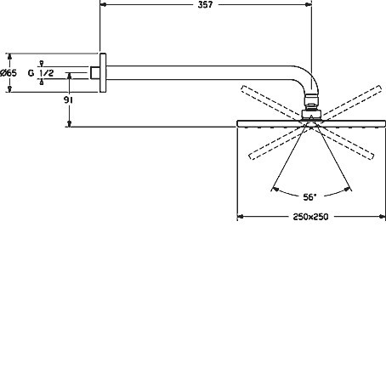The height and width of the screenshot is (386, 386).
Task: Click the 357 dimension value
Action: pyautogui.click(x=205, y=5)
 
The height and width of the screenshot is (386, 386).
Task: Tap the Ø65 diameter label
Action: pyautogui.click(x=9, y=73)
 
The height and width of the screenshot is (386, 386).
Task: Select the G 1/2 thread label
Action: pyautogui.click(x=41, y=73)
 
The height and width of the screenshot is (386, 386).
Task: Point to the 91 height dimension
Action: pyautogui.click(x=68, y=100)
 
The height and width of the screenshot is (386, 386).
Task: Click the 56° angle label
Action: pyautogui.click(x=309, y=197)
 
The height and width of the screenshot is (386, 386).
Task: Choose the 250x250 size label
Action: pyautogui.click(x=310, y=217)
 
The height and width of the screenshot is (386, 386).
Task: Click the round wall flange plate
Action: pyautogui.click(x=103, y=73)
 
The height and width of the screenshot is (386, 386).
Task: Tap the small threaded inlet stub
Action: pyautogui.click(x=95, y=73)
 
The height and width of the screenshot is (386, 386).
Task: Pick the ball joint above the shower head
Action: pyautogui.click(x=311, y=101)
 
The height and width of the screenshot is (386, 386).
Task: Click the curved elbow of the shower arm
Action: pyautogui.click(x=308, y=78)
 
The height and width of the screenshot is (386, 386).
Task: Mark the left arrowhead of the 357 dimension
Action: pyautogui.click(x=103, y=5)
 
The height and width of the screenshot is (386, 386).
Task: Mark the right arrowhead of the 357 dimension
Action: pyautogui.click(x=309, y=5)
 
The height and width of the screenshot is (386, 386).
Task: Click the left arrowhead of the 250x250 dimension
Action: pyautogui.click(x=241, y=217)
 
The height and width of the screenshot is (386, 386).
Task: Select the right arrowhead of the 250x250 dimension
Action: pyautogui.click(x=382, y=217)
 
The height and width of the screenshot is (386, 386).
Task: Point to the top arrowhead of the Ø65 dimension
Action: pyautogui.click(x=9, y=56)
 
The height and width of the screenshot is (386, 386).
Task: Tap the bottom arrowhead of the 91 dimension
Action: pyautogui.click(x=69, y=124)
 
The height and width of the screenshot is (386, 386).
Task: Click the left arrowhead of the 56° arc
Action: pyautogui.click(x=275, y=189)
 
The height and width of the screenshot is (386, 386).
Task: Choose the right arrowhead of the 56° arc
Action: pyautogui.click(x=348, y=189)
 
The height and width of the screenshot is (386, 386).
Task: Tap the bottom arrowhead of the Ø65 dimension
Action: pyautogui.click(x=9, y=89)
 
